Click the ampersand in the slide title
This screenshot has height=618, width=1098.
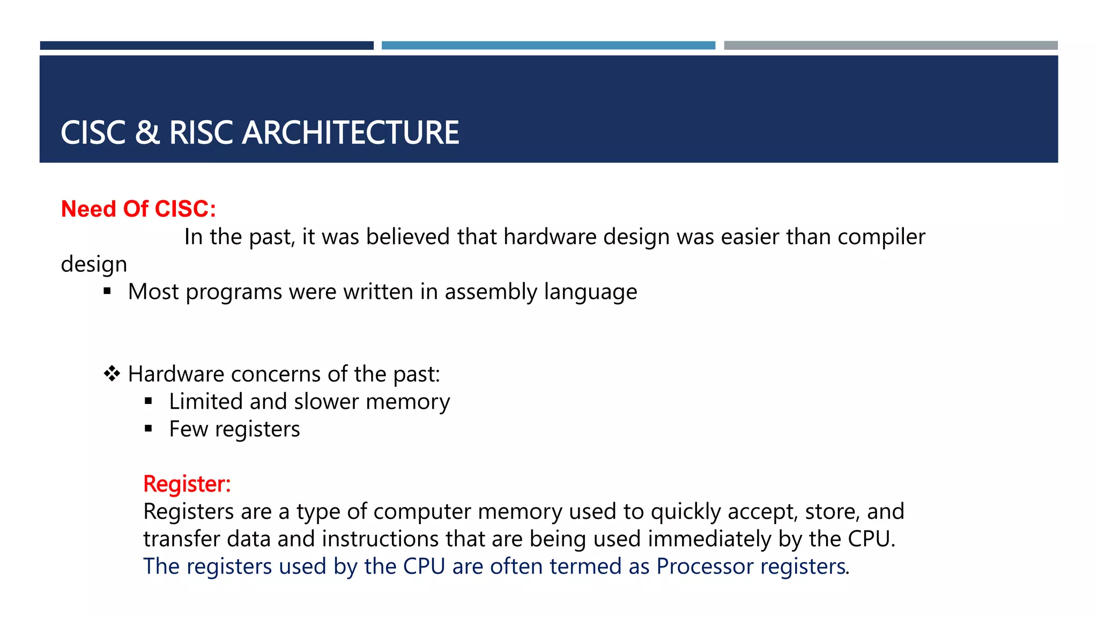click(x=147, y=133)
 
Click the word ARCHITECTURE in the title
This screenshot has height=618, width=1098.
click(x=351, y=133)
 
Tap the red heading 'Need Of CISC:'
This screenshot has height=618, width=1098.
click(x=138, y=209)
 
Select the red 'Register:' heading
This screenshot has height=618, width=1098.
click(x=187, y=483)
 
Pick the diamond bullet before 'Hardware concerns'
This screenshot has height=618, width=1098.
click(x=112, y=373)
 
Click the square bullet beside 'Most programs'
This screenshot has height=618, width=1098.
click(x=107, y=291)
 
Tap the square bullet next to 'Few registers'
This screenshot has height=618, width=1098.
click(x=149, y=429)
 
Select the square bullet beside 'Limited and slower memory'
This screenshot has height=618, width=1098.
click(x=149, y=401)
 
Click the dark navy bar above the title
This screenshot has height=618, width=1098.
click(x=206, y=46)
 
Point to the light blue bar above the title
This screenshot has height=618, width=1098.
click(x=548, y=46)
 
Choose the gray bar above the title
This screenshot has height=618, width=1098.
click(x=891, y=46)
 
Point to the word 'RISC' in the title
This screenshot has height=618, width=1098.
click(x=201, y=133)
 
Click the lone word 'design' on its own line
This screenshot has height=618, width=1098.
click(x=94, y=264)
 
